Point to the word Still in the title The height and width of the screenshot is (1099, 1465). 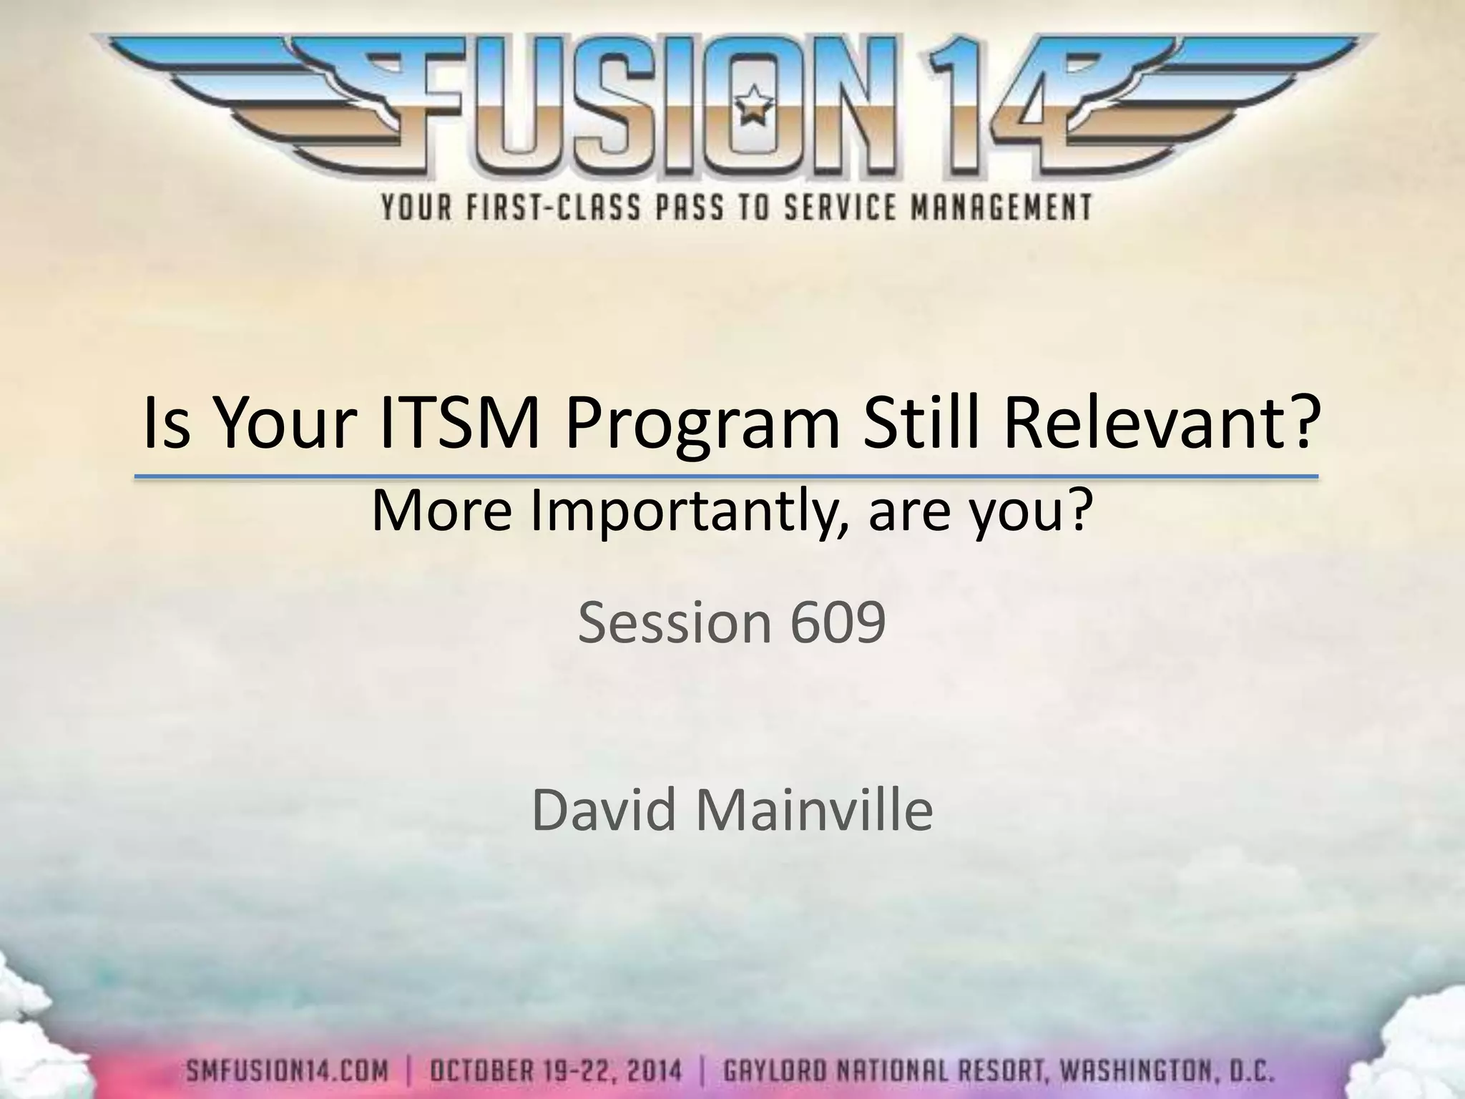[x=922, y=425]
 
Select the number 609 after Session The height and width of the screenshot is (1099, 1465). [x=838, y=622]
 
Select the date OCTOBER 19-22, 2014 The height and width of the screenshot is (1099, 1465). [x=556, y=1073]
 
